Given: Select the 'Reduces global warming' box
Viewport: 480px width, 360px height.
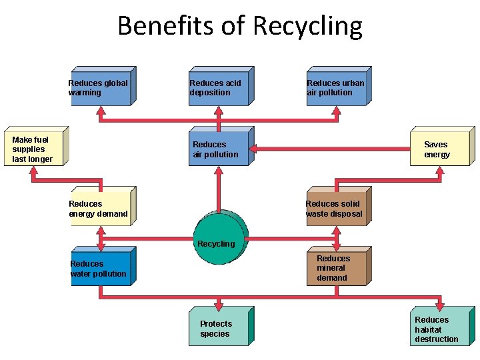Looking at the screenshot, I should (101, 87).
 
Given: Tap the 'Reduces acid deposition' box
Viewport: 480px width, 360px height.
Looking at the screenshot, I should (219, 87).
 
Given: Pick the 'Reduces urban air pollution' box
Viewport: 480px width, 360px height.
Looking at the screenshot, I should (337, 87).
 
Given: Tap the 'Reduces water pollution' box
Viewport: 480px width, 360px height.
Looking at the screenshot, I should (101, 267).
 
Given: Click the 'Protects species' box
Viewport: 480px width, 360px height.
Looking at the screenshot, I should (218, 327).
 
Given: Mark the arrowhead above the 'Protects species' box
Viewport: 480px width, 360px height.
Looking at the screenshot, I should (217, 301).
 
